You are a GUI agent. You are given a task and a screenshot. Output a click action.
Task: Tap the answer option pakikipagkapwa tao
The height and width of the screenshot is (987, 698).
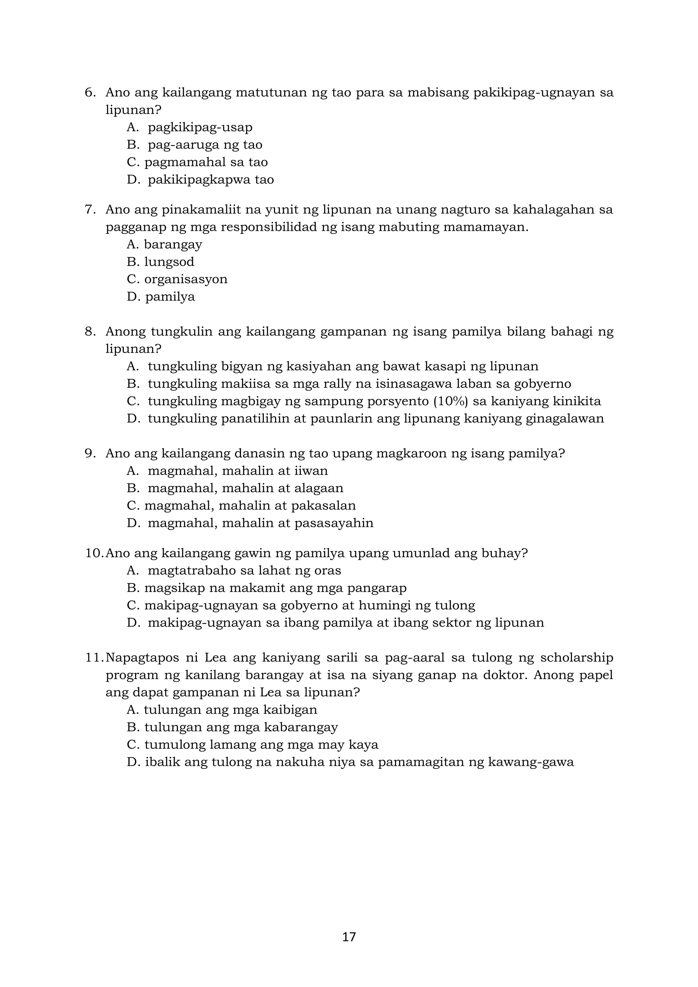pos(211,179)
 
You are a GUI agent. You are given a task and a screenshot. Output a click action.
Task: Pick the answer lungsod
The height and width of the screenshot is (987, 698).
pos(169,262)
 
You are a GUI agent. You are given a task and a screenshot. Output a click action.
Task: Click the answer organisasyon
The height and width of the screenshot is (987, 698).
pos(186,279)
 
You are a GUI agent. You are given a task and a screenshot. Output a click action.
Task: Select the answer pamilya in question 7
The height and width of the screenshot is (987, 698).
pos(170,297)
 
